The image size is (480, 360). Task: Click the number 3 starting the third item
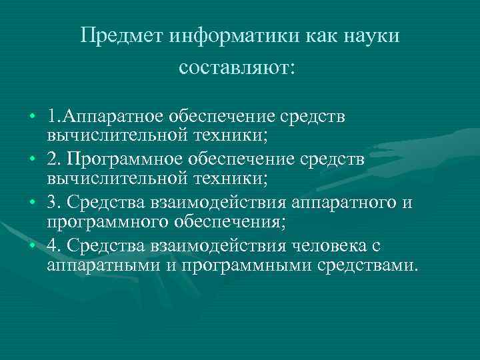[x=52, y=203]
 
